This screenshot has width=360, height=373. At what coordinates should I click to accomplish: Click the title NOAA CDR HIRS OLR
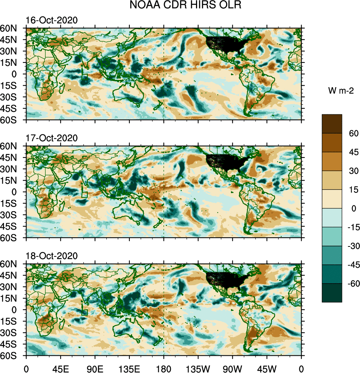click(x=180, y=6)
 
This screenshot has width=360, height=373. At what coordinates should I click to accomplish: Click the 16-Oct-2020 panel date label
click(x=51, y=21)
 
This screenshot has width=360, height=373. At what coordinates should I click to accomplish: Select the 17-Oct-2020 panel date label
click(x=51, y=138)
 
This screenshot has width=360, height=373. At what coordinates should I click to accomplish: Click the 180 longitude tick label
click(x=164, y=368)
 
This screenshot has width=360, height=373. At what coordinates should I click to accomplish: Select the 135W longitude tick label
click(x=198, y=368)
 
